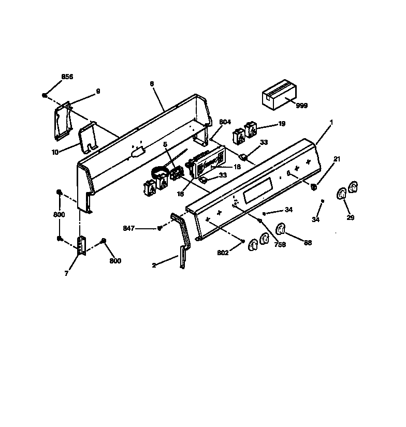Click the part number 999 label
pos(301,106)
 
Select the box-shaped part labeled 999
pos(279,94)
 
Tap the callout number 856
pos(67,77)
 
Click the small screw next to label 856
pos(45,95)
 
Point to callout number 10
pos(55,153)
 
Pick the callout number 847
pos(128,228)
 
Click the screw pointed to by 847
pos(160,228)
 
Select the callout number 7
pos(66,274)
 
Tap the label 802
pos(223,253)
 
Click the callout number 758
pos(280,244)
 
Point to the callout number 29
pos(351,217)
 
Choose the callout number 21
pos(337,159)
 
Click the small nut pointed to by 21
pos(314,187)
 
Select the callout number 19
pos(282,124)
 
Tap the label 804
pos(225,122)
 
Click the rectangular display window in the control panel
pos(257,190)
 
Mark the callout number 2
pos(154,265)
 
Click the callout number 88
pos(308,242)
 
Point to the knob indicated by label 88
pos(280,229)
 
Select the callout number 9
pos(98,91)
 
